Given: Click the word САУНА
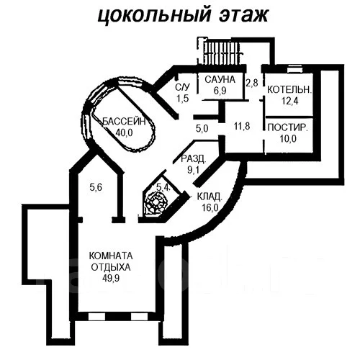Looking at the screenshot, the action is click(220, 79).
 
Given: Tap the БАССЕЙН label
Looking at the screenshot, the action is click(124, 122).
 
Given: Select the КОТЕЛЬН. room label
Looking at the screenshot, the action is click(289, 90).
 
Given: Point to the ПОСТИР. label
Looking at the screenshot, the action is click(287, 127).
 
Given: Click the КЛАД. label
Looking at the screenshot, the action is click(210, 197).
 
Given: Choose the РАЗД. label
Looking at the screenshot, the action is click(194, 158).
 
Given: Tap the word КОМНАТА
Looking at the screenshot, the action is click(111, 256).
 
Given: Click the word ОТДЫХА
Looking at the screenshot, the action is click(111, 267).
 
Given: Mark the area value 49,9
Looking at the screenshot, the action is click(111, 279).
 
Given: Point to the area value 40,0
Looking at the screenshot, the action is click(124, 132).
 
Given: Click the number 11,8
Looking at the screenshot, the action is click(242, 126).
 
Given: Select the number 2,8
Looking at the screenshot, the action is click(252, 83).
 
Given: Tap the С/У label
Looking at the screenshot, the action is click(183, 87).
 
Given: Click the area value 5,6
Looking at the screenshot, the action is click(96, 187).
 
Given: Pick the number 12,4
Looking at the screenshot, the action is click(289, 101).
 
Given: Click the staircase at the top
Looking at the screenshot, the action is click(221, 52).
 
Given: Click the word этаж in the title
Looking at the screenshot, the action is click(243, 15).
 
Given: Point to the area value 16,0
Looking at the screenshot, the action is click(210, 207).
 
